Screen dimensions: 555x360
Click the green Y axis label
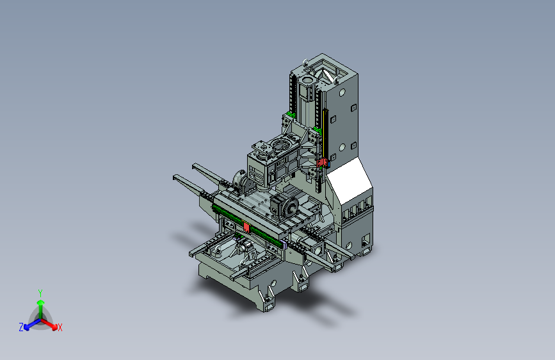(40, 293)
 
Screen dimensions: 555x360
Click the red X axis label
(60, 327)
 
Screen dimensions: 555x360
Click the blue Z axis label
(21, 327)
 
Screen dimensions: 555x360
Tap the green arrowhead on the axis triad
(41, 302)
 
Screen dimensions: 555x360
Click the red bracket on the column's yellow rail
(322, 163)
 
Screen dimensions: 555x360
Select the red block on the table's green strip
(246, 227)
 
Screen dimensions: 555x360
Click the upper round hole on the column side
(342, 93)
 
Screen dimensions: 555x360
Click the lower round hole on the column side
(342, 147)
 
